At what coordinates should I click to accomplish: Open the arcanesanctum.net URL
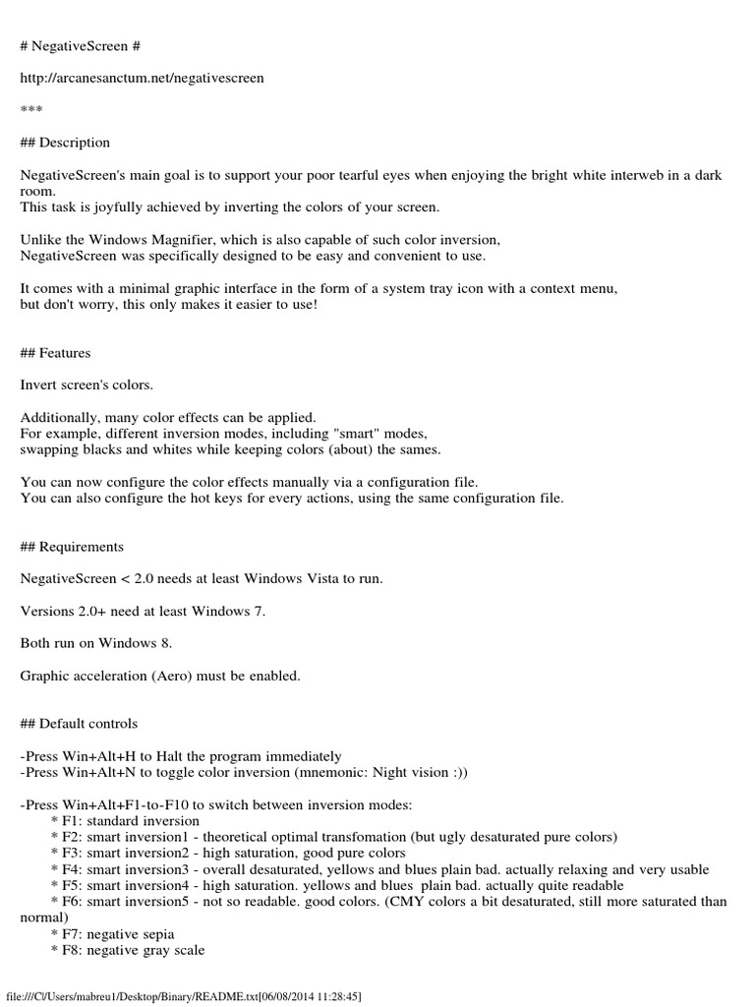pos(142,78)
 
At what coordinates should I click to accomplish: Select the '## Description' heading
pos(65,143)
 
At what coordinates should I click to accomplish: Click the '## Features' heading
pos(56,353)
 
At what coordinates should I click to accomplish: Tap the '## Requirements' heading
pos(72,547)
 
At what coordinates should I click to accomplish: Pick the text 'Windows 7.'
pos(230,612)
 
